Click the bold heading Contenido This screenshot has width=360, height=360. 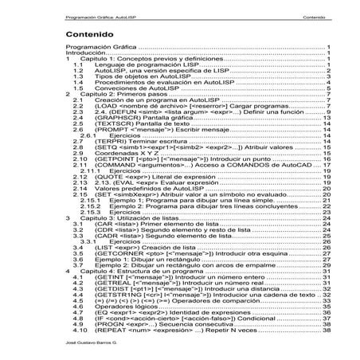click(x=90, y=36)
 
